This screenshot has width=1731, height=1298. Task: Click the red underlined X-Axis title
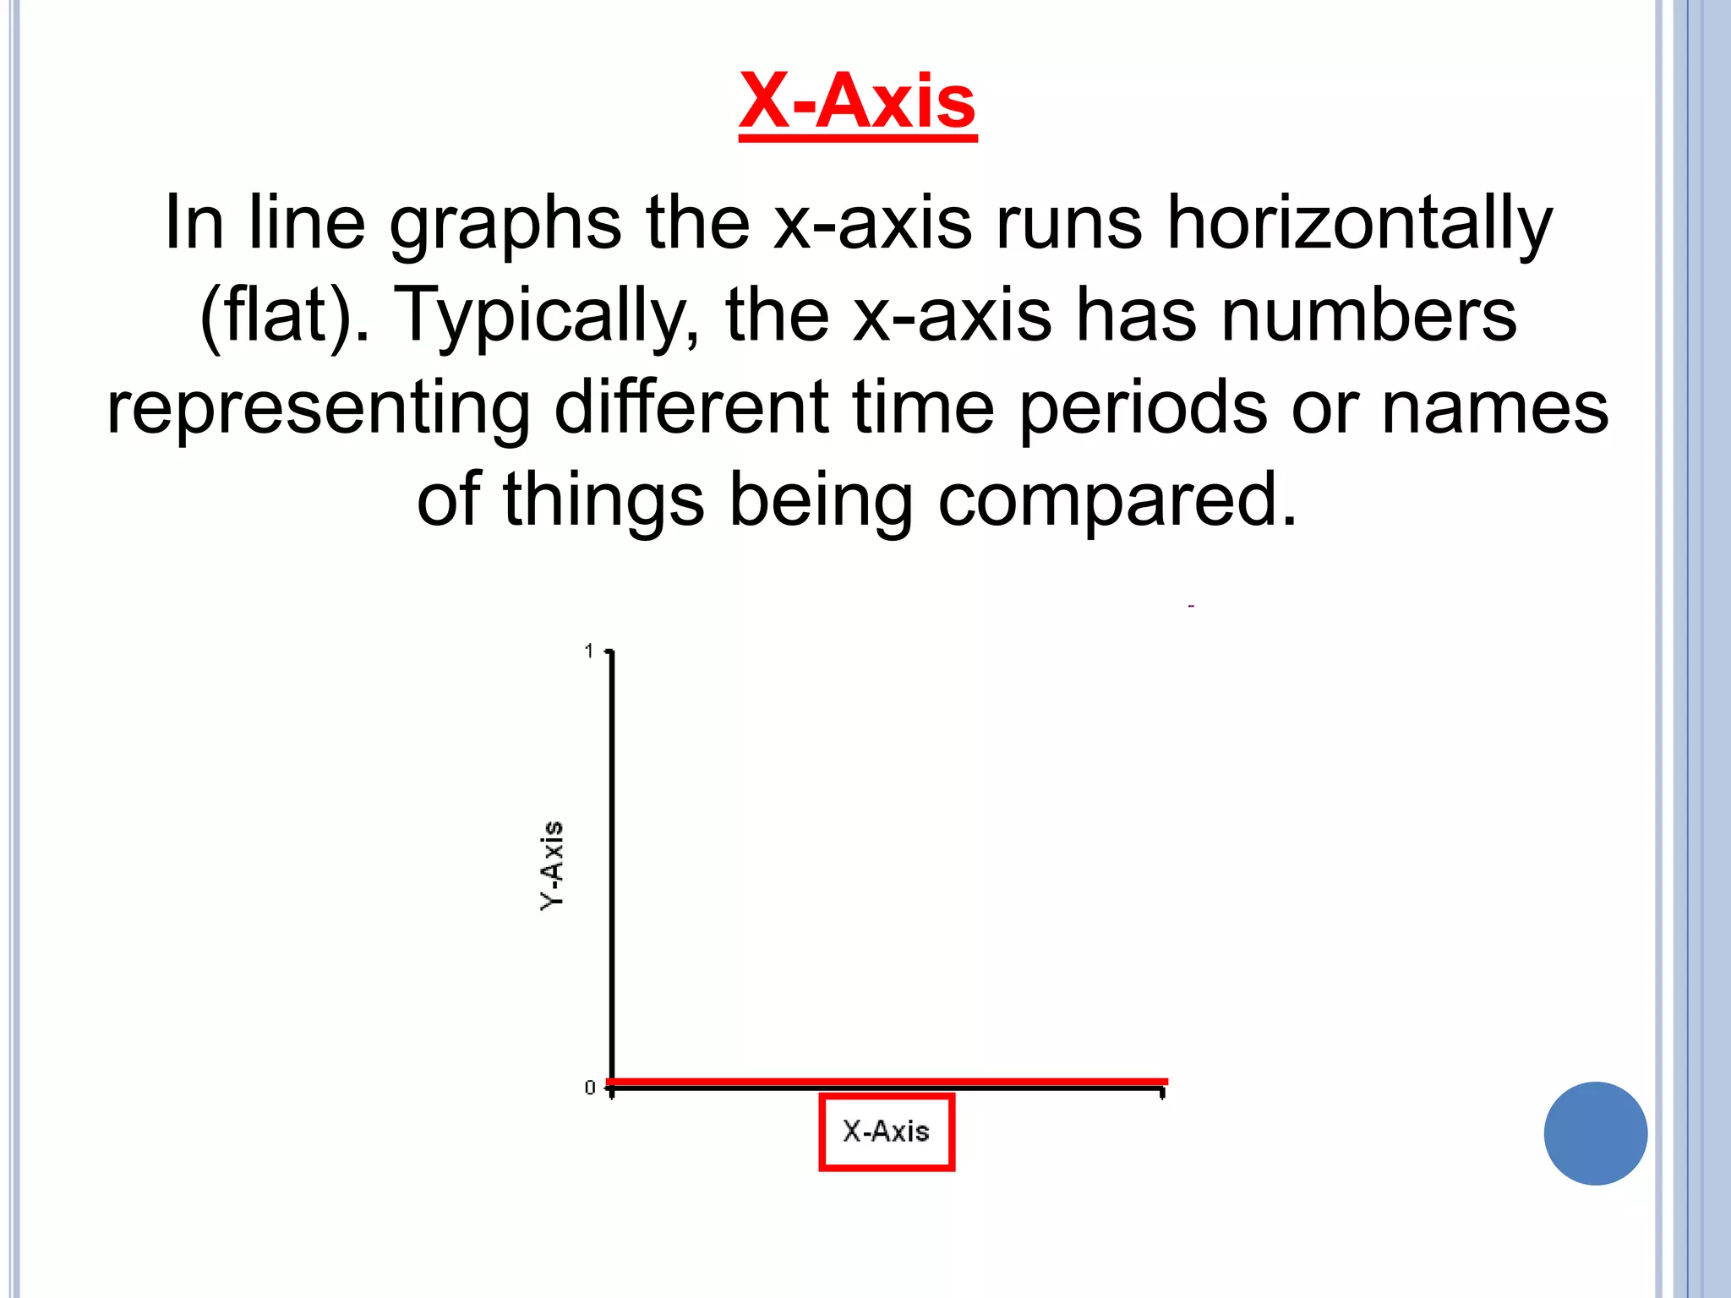[857, 102]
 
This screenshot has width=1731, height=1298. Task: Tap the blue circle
[1595, 1133]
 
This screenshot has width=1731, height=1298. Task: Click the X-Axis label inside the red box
[886, 1132]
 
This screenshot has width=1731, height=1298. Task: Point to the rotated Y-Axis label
[552, 865]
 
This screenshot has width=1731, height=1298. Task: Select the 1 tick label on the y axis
[589, 651]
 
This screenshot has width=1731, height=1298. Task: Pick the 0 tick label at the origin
[590, 1088]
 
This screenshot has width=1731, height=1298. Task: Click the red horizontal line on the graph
[887, 1081]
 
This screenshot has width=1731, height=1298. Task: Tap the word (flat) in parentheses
[276, 315]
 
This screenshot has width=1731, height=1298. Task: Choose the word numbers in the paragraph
[1368, 315]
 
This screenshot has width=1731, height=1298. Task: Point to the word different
[691, 406]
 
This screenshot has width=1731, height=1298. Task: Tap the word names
[1494, 408]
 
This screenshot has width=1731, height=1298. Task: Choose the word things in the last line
[603, 501]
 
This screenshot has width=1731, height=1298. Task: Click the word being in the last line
[821, 501]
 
